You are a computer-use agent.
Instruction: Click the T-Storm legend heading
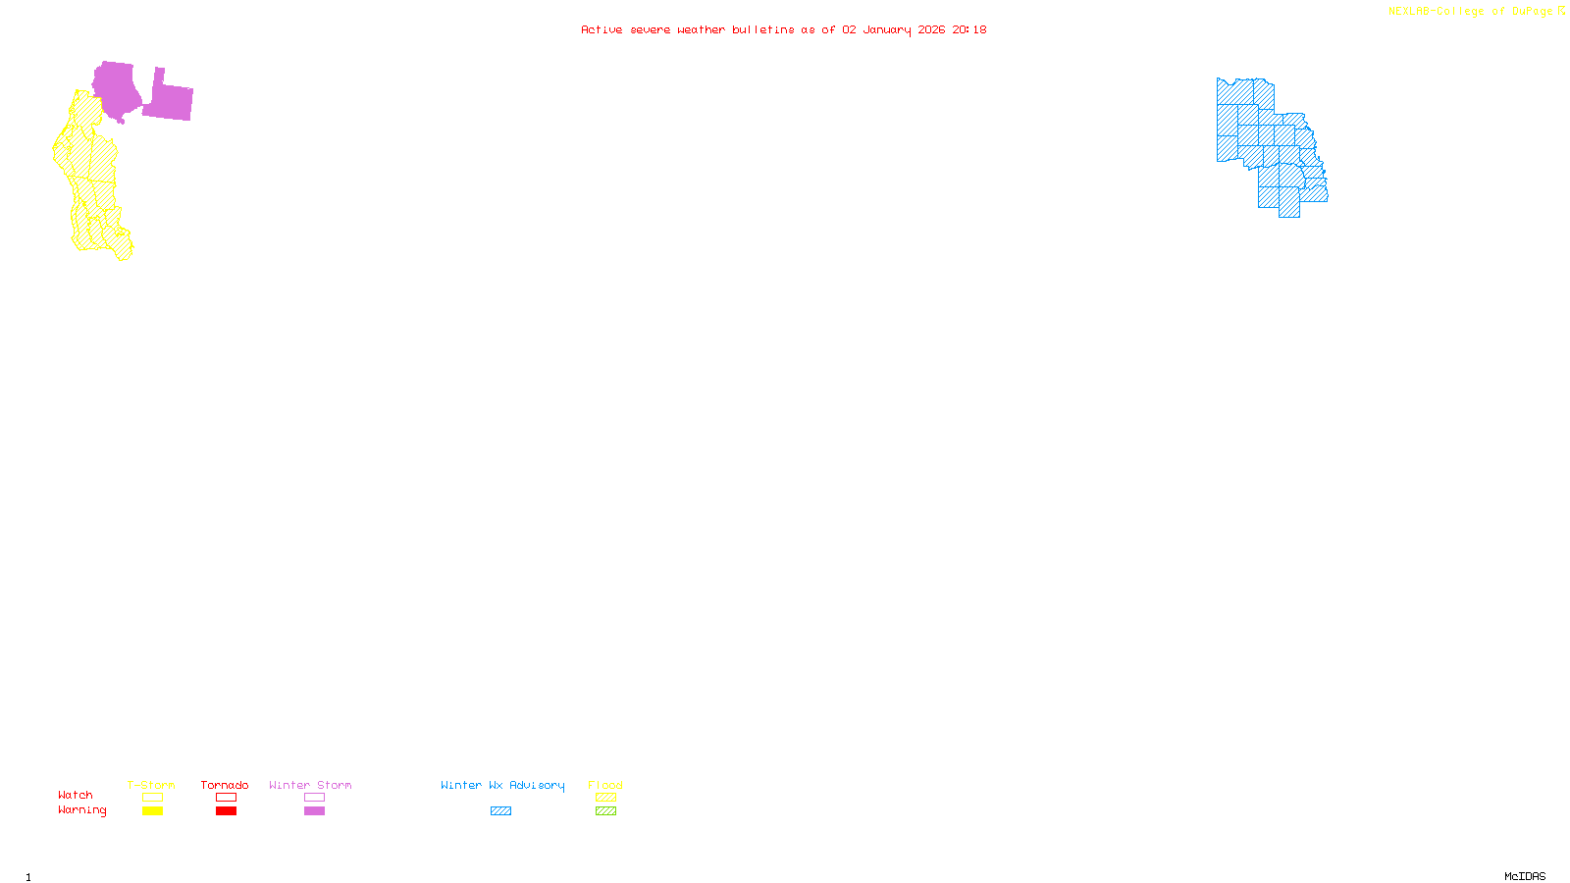point(151,785)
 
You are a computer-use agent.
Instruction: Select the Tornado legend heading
point(225,785)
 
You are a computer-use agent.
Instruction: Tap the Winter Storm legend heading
point(310,785)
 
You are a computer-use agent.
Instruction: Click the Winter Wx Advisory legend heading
point(502,785)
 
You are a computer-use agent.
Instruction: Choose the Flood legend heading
point(605,785)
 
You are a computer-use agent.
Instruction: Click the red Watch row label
point(76,795)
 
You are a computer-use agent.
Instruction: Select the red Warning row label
point(82,810)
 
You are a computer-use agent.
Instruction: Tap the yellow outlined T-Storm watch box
point(152,798)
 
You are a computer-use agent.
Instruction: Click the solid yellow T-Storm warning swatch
point(152,811)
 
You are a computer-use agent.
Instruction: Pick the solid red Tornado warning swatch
point(227,811)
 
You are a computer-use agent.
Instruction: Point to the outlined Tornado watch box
point(227,798)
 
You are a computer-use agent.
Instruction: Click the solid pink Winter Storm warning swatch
point(314,811)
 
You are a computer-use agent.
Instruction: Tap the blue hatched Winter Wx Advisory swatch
point(500,811)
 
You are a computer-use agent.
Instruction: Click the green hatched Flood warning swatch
point(606,811)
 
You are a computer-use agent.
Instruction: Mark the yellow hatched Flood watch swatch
point(606,798)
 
